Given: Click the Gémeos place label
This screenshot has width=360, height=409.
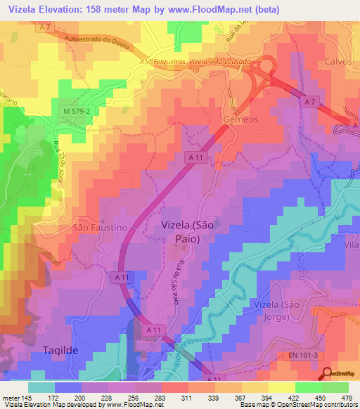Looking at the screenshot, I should pos(240,119).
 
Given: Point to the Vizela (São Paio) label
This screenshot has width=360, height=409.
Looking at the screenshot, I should pos(187,232).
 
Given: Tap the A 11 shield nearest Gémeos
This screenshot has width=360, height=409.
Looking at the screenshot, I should pos(195,160).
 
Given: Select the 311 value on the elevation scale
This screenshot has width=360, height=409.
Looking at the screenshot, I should pos(168,398).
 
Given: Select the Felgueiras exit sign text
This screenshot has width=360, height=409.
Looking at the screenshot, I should pos(172,62).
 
